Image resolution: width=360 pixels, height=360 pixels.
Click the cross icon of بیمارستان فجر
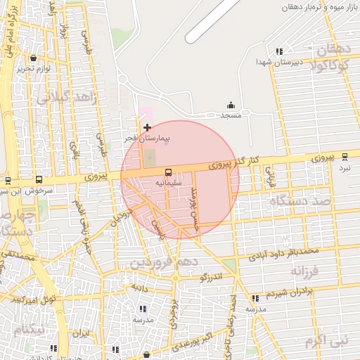(147, 127)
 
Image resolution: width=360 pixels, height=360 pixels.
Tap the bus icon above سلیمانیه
(168, 172)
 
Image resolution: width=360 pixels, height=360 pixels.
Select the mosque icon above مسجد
(231, 105)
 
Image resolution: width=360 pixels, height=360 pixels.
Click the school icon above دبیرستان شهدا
(280, 51)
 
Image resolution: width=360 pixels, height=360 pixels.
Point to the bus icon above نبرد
(344, 158)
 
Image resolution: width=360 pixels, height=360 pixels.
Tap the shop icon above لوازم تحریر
(34, 58)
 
